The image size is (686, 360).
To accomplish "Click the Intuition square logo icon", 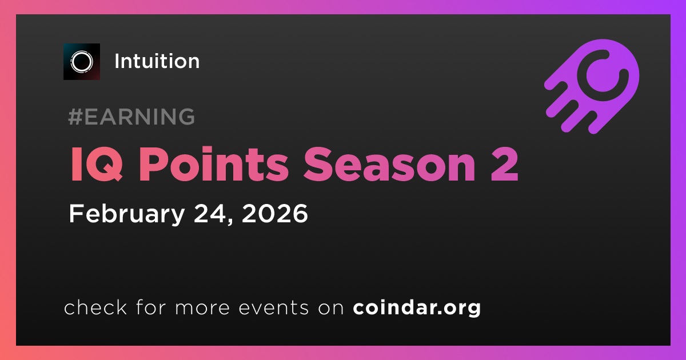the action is (x=81, y=62).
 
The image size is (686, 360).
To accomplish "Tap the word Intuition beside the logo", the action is (x=157, y=61).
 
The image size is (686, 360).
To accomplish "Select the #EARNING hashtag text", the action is (x=131, y=117).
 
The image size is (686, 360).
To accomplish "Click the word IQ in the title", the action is (x=97, y=165).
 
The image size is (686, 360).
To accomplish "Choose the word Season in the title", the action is (x=389, y=165).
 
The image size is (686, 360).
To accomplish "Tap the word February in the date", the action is (x=127, y=214).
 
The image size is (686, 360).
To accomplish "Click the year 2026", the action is (x=275, y=213).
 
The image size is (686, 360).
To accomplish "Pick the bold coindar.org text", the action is (x=417, y=307).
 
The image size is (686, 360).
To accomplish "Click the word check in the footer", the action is (x=95, y=307).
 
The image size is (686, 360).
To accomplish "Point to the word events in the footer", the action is (x=273, y=307).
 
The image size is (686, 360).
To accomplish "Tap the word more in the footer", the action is (x=202, y=308).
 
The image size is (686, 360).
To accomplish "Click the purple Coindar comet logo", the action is (x=592, y=87).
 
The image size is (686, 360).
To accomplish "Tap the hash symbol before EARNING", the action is (x=75, y=117).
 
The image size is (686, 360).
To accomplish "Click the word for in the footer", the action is (x=151, y=307).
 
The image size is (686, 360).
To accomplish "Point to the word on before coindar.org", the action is (x=331, y=308).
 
